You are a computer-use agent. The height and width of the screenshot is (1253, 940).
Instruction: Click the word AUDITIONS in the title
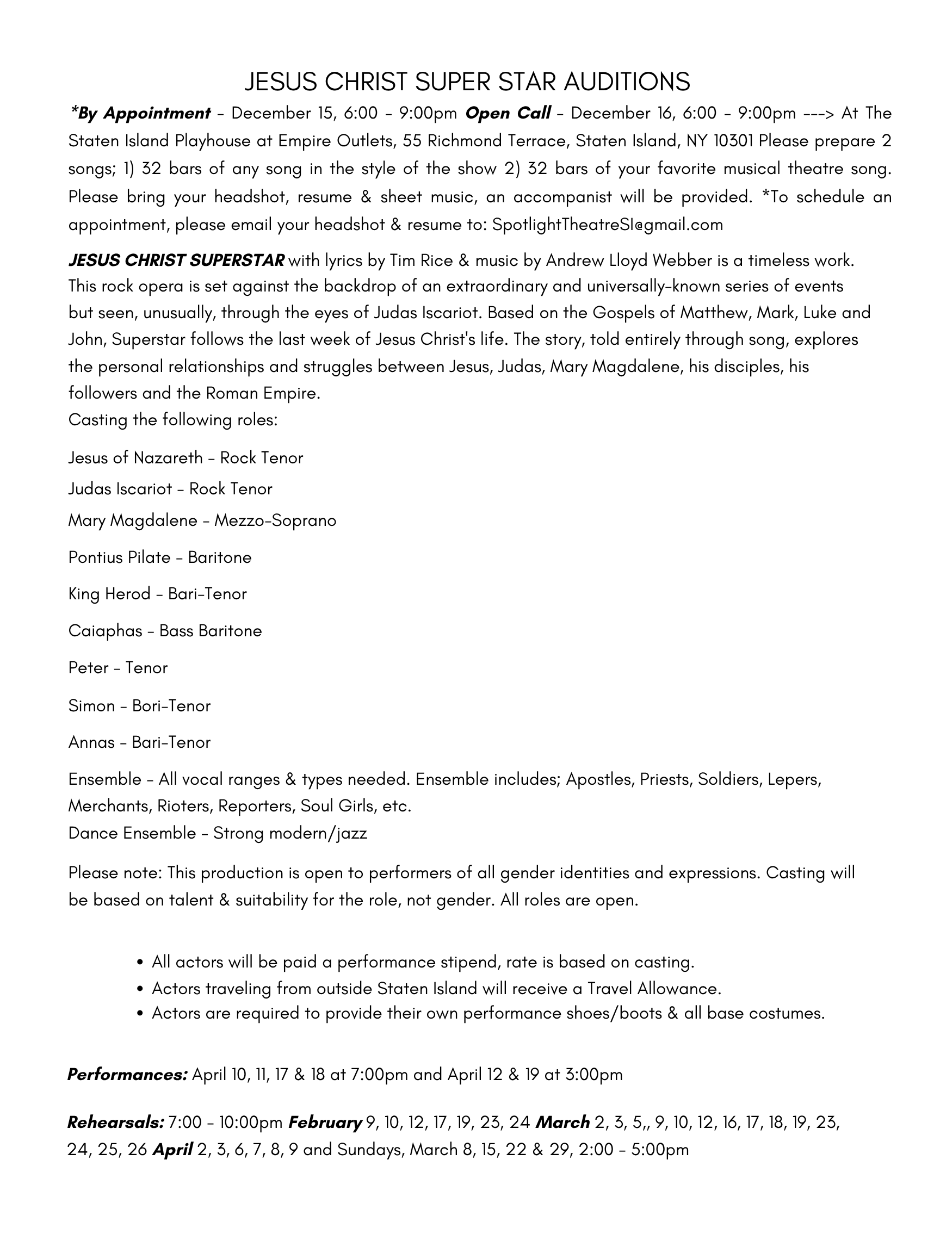[x=627, y=82]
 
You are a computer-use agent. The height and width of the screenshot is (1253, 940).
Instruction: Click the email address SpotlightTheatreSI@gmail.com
[x=608, y=225]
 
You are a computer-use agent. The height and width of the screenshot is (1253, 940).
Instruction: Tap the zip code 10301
[x=733, y=140]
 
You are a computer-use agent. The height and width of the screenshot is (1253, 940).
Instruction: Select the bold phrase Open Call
[x=508, y=113]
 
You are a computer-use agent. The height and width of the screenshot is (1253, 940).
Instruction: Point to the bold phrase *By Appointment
[x=140, y=113]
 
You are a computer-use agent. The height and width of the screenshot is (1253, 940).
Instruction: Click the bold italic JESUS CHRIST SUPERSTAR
[x=176, y=260]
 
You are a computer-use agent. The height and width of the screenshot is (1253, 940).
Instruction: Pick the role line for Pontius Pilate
[x=160, y=557]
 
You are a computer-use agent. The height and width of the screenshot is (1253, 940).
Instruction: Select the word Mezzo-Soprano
[x=275, y=520]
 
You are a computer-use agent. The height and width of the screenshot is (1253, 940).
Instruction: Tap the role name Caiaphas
[x=106, y=631]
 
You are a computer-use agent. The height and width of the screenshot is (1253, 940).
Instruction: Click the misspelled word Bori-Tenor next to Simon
[x=171, y=706]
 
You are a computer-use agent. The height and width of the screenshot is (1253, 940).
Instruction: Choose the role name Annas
[x=92, y=743]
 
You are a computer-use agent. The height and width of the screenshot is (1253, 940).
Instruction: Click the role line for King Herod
[x=158, y=594]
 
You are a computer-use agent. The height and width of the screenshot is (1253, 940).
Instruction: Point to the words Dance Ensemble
[x=132, y=833]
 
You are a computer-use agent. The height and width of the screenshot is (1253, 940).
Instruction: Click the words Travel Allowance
[x=654, y=989]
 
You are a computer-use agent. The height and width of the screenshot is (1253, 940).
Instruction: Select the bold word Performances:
[x=127, y=1075]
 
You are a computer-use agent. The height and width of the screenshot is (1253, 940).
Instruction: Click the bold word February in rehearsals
[x=325, y=1122]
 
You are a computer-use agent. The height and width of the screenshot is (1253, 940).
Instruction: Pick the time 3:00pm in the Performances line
[x=594, y=1075]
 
